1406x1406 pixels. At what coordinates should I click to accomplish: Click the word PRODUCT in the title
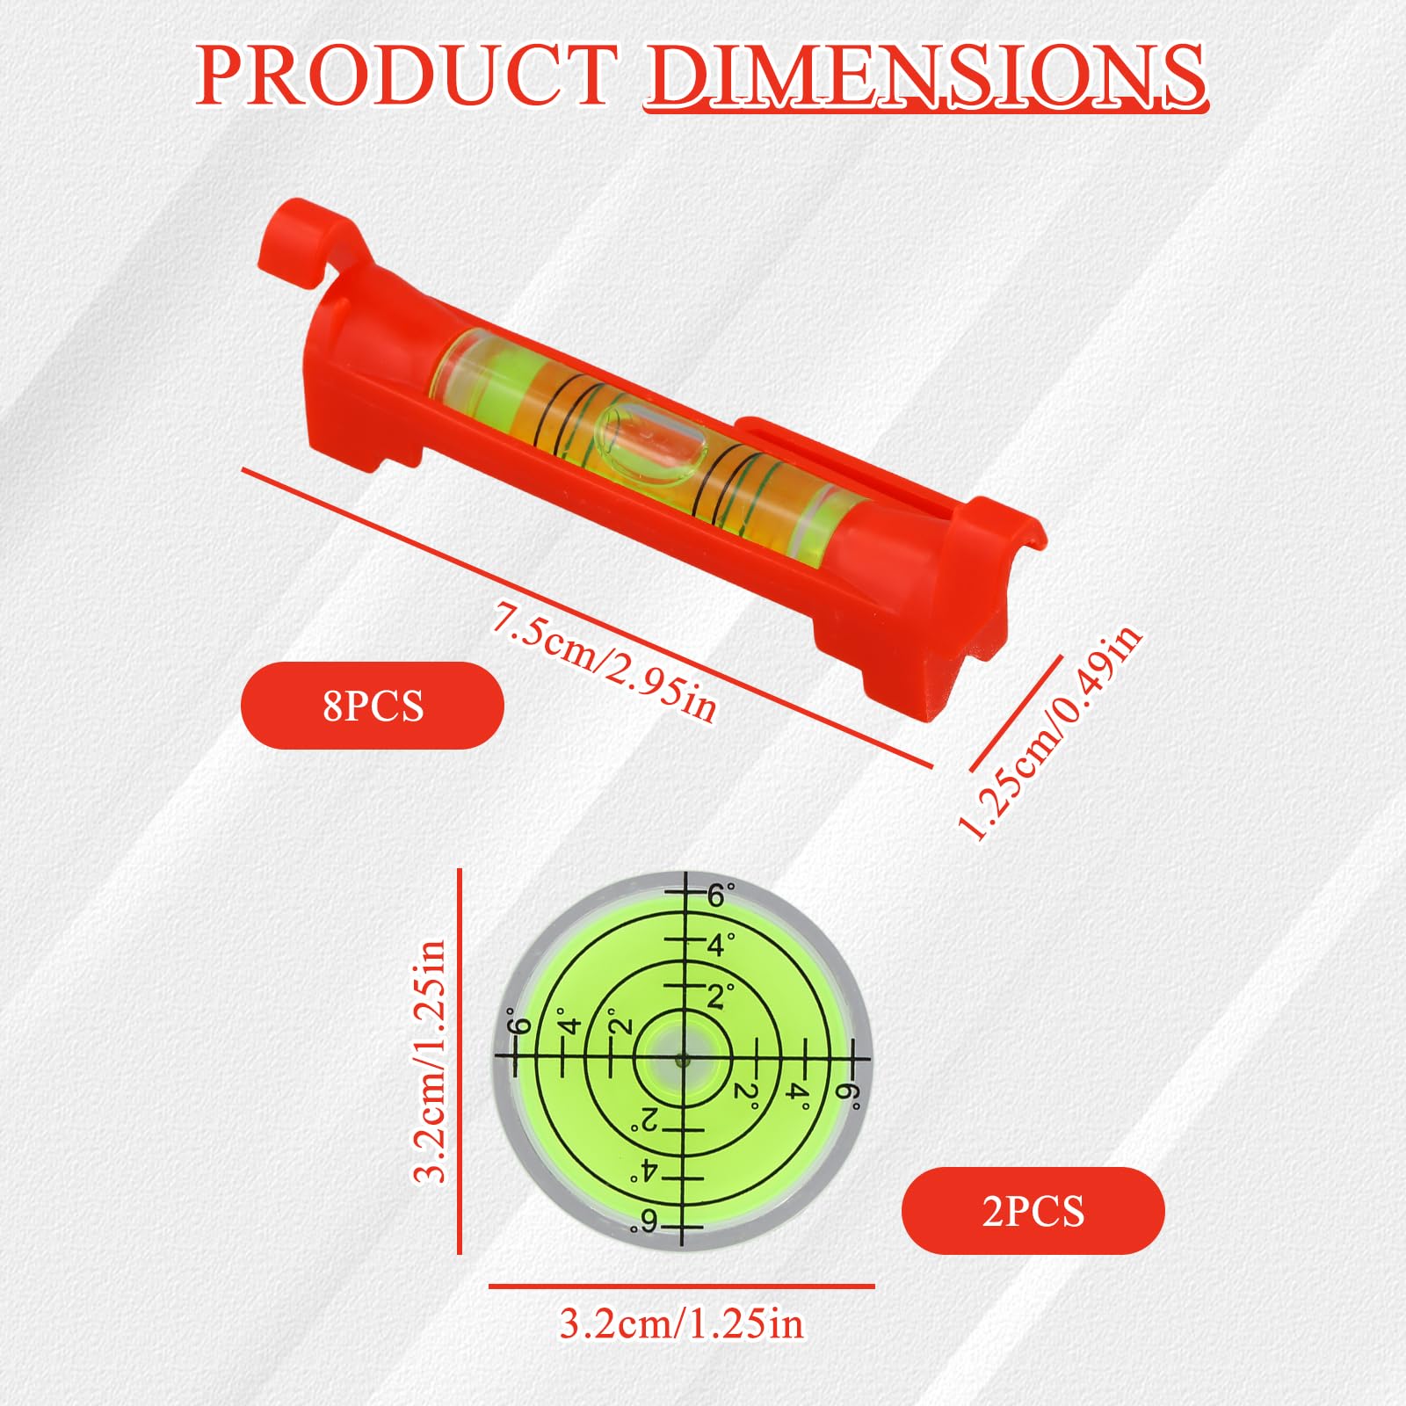(406, 76)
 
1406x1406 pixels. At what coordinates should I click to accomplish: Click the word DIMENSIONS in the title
(926, 76)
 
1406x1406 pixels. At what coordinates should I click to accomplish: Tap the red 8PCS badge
(373, 706)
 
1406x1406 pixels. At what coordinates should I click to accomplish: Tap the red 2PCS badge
(1033, 1211)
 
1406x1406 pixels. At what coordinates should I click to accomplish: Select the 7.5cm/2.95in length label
(605, 661)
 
